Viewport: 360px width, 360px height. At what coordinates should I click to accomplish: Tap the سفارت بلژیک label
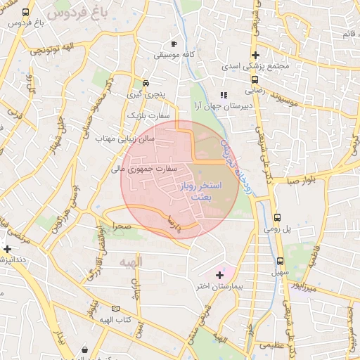(x=145, y=115)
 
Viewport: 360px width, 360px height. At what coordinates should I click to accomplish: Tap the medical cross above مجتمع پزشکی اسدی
(x=255, y=55)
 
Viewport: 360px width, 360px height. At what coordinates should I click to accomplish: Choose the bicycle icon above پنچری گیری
(x=146, y=81)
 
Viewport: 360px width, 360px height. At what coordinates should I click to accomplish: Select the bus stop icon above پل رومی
(x=277, y=217)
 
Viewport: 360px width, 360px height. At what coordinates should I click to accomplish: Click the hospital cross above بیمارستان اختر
(x=219, y=274)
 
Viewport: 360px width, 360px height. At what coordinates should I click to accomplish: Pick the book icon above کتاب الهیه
(x=115, y=309)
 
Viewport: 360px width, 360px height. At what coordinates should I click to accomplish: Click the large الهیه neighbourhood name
(x=131, y=262)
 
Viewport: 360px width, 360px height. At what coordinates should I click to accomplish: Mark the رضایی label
(x=254, y=91)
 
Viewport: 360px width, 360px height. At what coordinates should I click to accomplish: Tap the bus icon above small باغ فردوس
(x=26, y=13)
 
